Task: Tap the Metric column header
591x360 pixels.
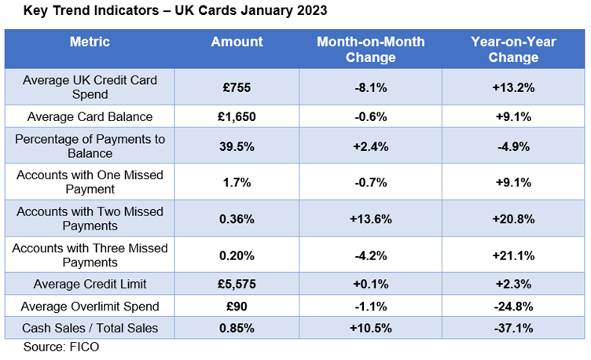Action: click(x=90, y=42)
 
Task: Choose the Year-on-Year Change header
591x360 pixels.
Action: click(x=512, y=49)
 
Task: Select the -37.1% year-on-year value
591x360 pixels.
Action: click(x=512, y=326)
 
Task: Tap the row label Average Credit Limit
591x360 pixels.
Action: click(x=90, y=283)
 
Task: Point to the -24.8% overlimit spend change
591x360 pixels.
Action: click(x=512, y=305)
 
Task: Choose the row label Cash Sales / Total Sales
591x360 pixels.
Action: click(x=90, y=326)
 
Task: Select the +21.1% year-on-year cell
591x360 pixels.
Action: click(x=512, y=254)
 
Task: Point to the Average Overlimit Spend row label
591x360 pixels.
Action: click(x=90, y=305)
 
